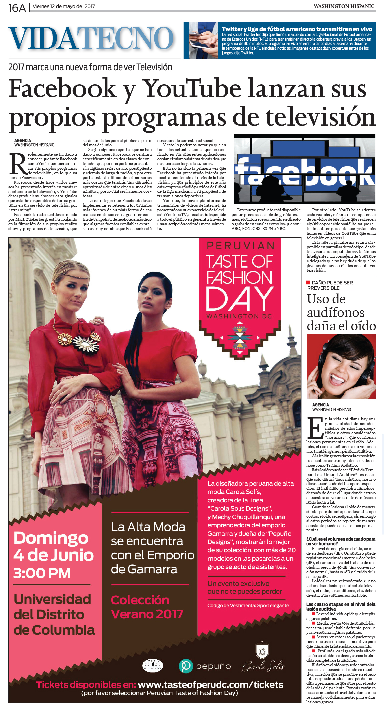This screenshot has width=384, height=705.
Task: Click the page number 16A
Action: pyautogui.click(x=17, y=7)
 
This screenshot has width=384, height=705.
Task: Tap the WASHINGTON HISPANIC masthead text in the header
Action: pyautogui.click(x=344, y=6)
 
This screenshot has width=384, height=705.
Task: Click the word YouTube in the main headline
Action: pyautogui.click(x=192, y=89)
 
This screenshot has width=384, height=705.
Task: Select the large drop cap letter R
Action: pyautogui.click(x=18, y=164)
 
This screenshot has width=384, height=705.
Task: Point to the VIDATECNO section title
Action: pyautogui.click(x=91, y=39)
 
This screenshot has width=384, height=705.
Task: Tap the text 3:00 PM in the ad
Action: pyautogui.click(x=42, y=573)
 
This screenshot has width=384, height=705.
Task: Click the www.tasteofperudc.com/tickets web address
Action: pyautogui.click(x=210, y=684)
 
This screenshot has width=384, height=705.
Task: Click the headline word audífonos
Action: pyautogui.click(x=335, y=312)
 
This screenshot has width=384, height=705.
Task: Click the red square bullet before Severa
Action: pyautogui.click(x=313, y=636)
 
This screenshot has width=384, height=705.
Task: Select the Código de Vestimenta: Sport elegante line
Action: pyautogui.click(x=248, y=605)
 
